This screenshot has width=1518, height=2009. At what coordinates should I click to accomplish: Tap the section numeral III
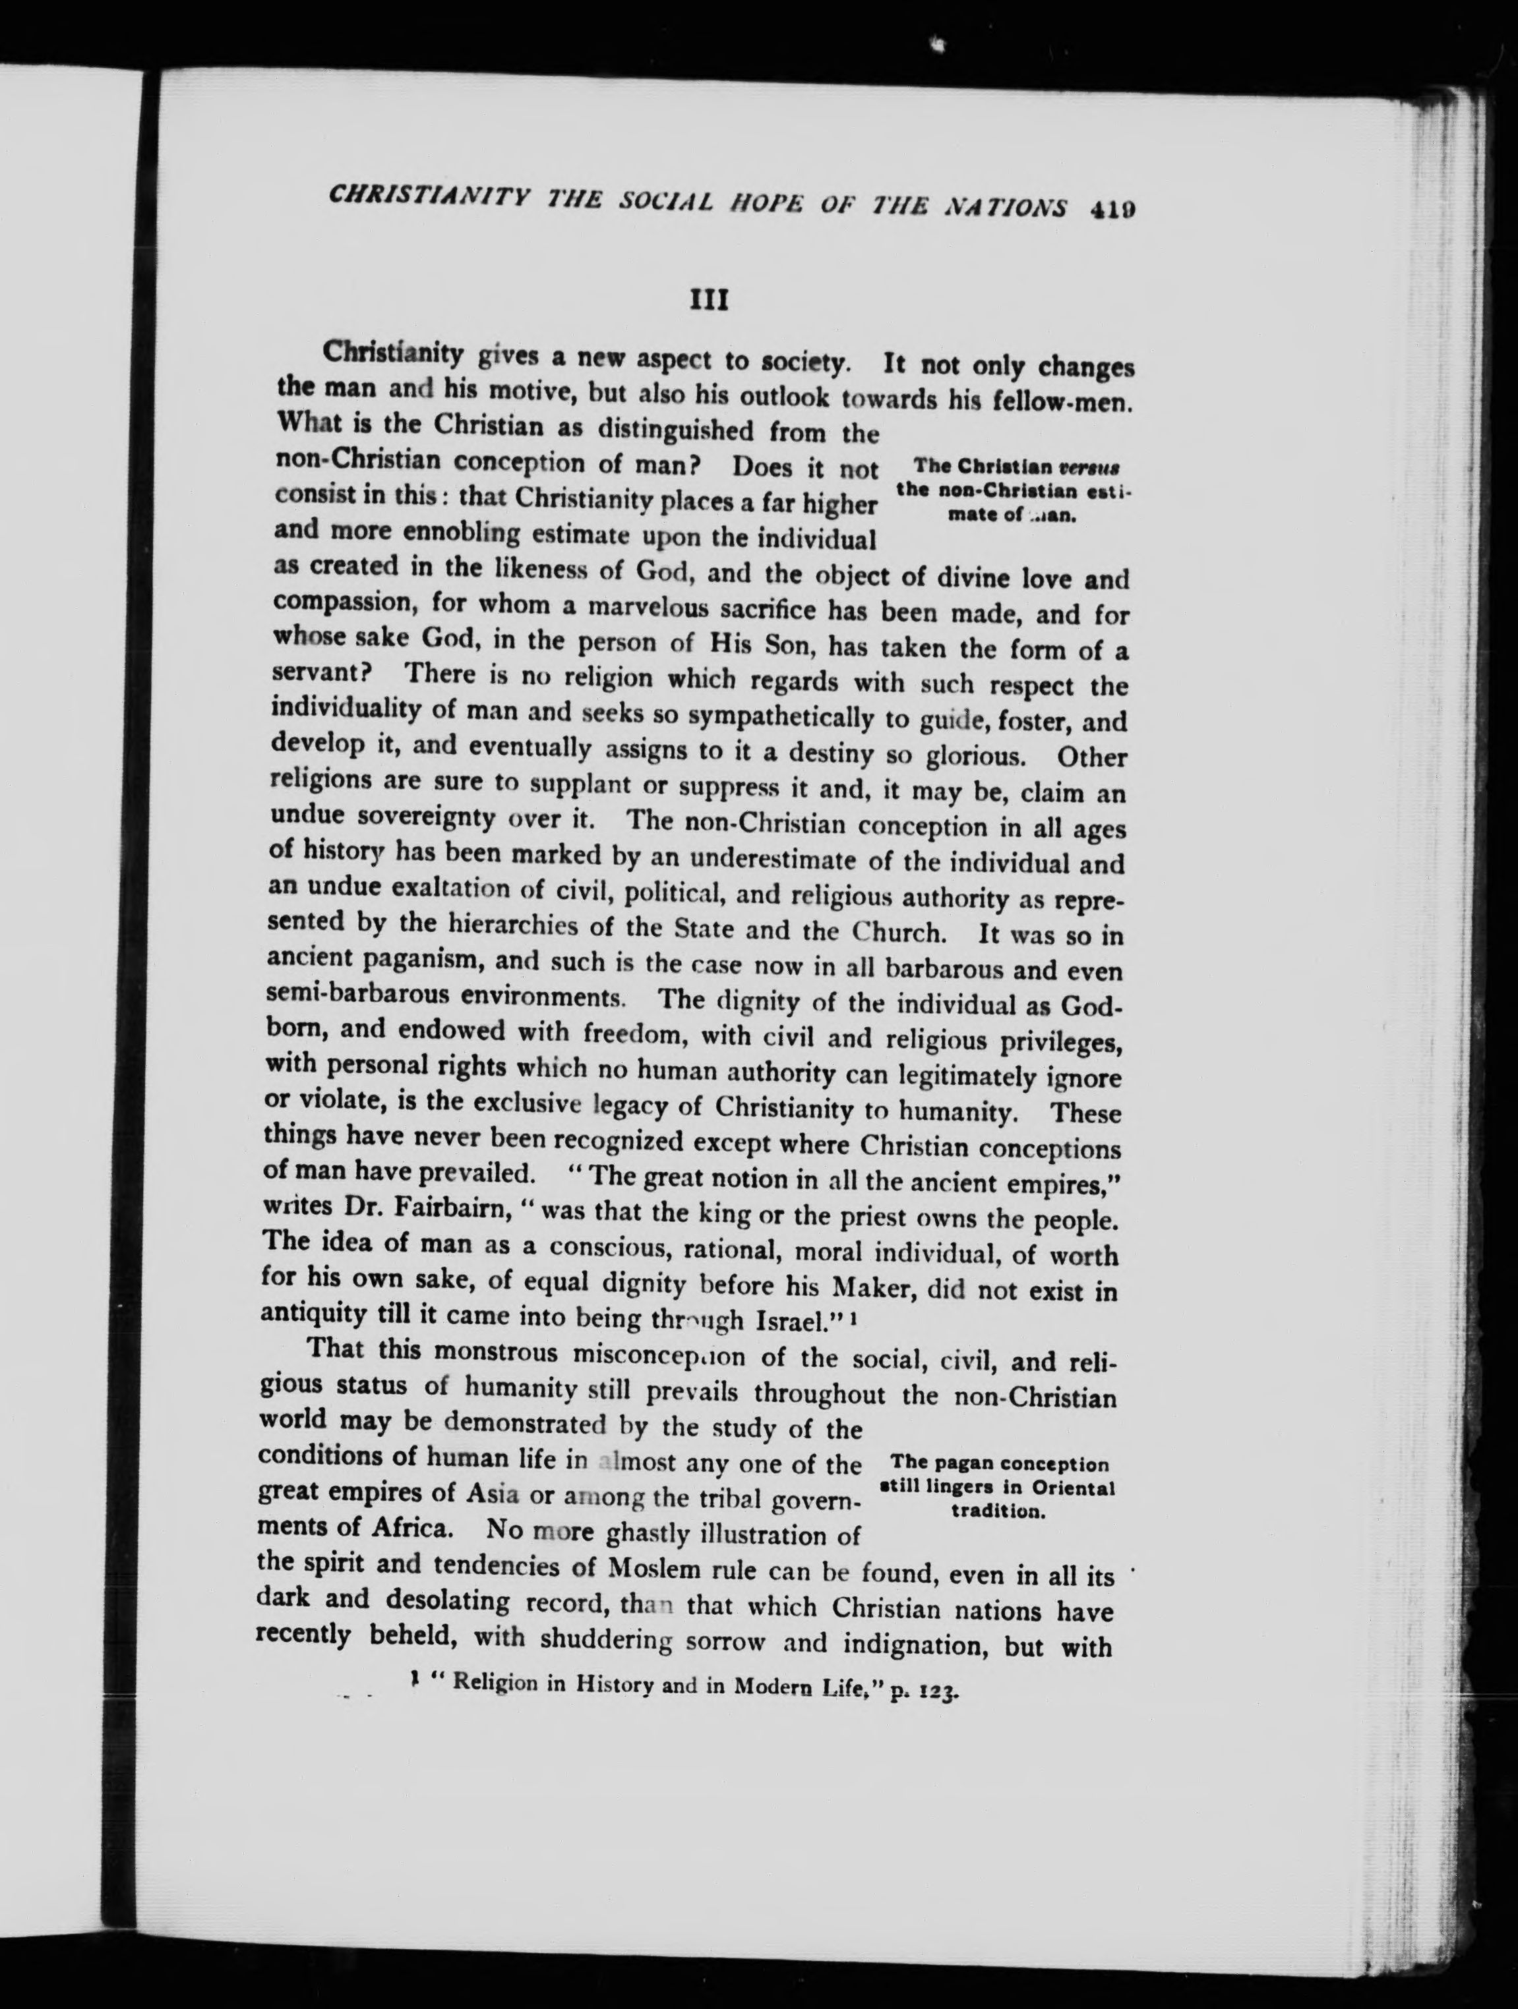[710, 301]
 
